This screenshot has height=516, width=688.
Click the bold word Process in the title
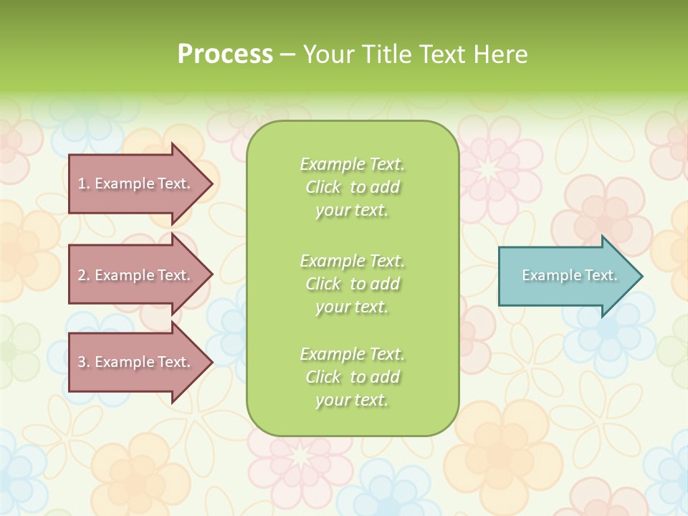[x=225, y=54]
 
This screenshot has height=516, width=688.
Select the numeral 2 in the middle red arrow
[x=82, y=275]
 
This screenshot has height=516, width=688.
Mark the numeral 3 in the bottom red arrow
[x=82, y=362]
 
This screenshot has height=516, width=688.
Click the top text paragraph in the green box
[x=352, y=187]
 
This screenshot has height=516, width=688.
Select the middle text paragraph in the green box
[x=352, y=284]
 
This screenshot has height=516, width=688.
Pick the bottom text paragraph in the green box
[x=352, y=377]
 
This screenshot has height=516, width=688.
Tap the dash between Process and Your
[x=287, y=55]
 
